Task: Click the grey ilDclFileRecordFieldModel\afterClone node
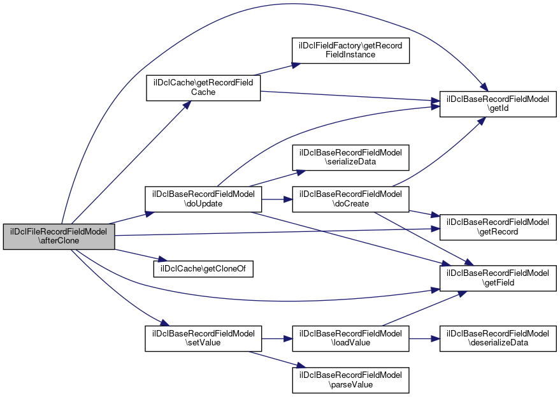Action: (x=59, y=237)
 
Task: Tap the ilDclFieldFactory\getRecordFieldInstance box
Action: (x=350, y=50)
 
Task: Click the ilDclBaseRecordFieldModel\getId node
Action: (x=498, y=104)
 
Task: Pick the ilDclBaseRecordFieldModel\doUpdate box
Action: (x=203, y=199)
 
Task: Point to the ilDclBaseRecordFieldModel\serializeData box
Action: (x=350, y=157)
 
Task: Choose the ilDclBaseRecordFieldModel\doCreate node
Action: (x=350, y=199)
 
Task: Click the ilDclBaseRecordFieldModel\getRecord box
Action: (x=498, y=227)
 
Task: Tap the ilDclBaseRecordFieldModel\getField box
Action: (x=498, y=278)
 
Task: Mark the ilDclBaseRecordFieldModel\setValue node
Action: (x=203, y=339)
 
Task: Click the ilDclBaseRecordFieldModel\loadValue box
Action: (x=350, y=339)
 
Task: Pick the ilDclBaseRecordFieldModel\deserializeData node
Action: (x=498, y=339)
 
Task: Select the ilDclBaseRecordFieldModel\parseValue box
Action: (x=350, y=380)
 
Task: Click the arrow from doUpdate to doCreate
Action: (x=276, y=199)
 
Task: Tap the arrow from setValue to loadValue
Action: (x=276, y=339)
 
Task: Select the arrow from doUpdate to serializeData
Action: (x=276, y=178)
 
